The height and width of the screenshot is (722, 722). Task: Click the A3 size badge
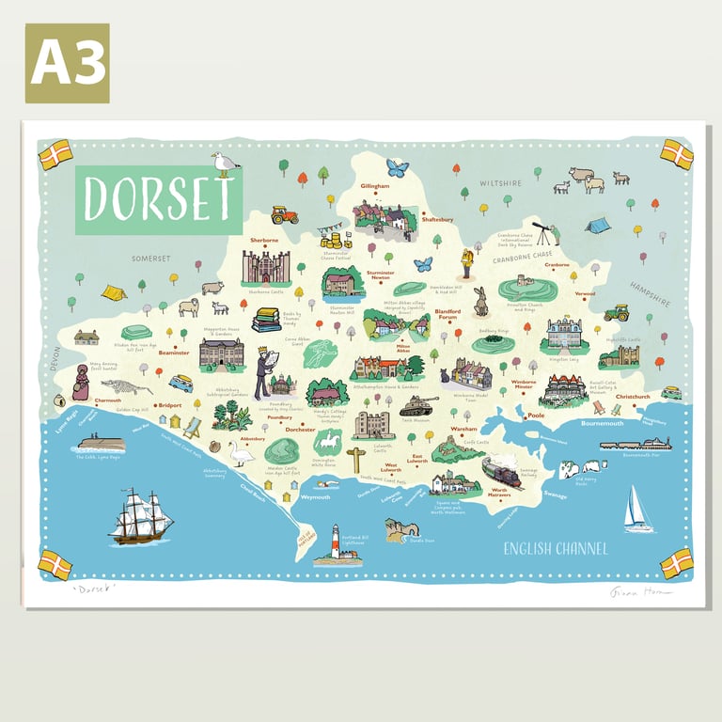coord(67,63)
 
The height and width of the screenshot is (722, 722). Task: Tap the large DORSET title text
coord(158,200)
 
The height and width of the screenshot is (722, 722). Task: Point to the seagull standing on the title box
coord(225,165)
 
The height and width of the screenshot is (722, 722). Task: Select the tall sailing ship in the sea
coord(140,516)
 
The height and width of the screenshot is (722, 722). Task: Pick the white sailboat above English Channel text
coord(637,510)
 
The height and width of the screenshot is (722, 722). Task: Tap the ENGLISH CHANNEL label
coord(555,549)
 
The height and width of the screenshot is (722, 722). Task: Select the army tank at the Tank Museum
coord(418,406)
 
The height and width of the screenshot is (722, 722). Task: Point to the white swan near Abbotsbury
coord(242,454)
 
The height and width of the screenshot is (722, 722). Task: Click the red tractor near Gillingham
coord(284,215)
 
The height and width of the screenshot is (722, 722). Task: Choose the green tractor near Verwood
coord(617,312)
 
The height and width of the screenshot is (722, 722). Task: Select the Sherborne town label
coord(264,241)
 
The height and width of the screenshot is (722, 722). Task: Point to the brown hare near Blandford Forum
coord(480,302)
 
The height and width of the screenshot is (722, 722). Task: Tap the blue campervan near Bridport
coord(180,384)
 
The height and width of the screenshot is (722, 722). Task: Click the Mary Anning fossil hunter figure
coord(81,381)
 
